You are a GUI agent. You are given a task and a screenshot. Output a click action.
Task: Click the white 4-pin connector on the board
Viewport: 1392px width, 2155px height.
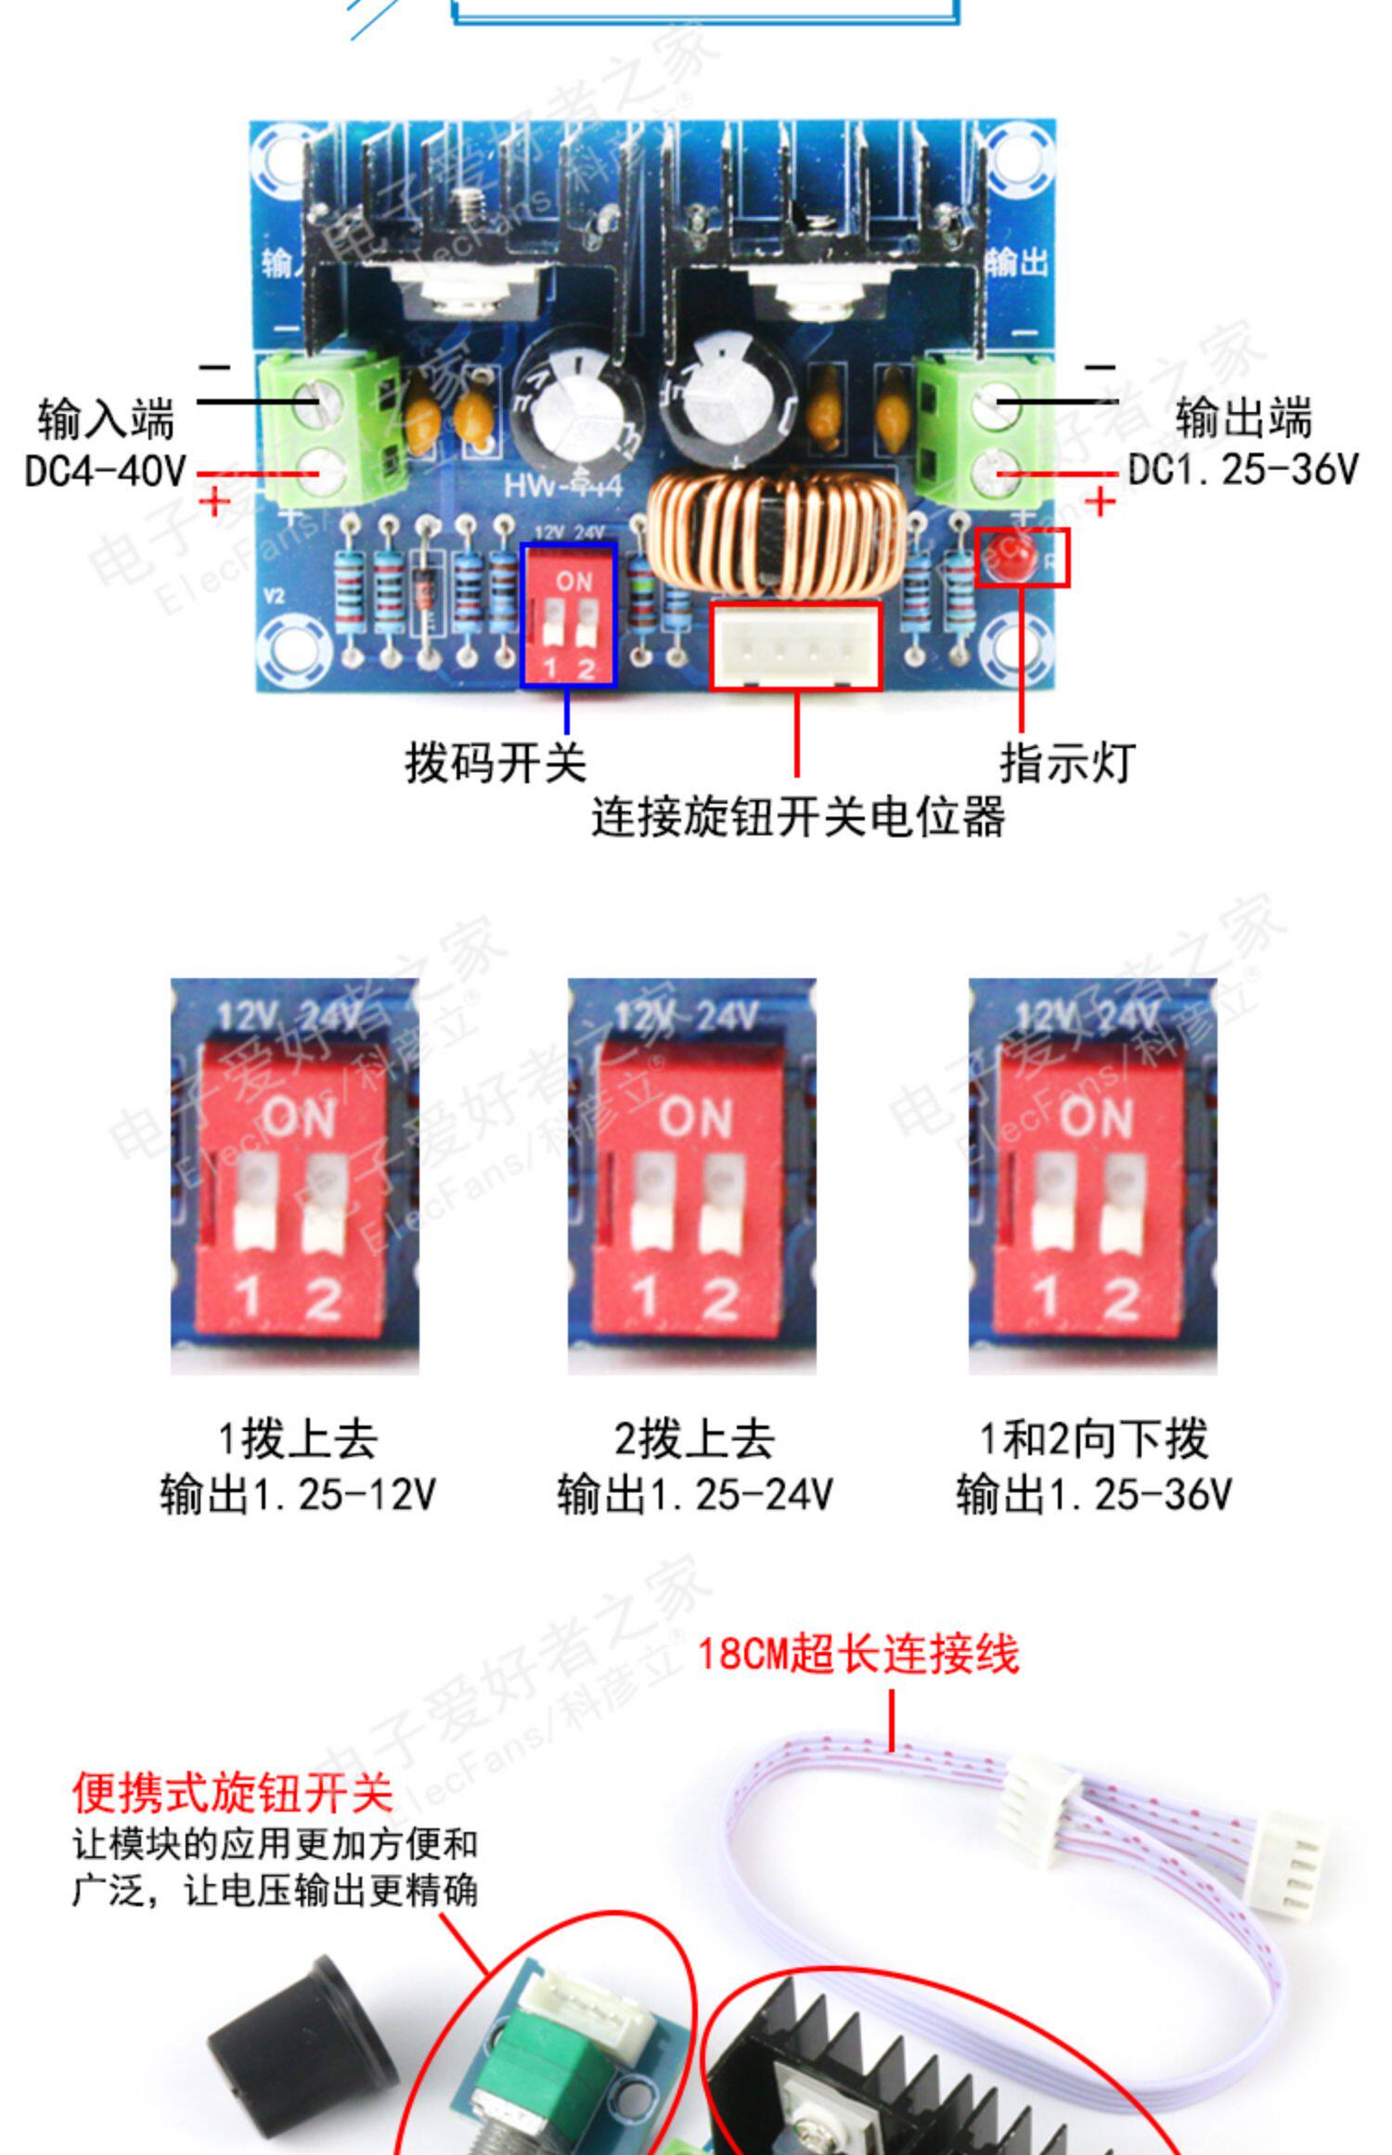point(795,647)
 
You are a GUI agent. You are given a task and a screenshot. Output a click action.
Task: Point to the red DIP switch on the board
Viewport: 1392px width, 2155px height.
point(569,615)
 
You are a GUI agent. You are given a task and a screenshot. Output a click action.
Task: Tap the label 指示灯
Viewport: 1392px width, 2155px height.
point(1067,763)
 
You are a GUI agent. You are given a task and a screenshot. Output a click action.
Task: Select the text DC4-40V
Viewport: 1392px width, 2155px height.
point(106,471)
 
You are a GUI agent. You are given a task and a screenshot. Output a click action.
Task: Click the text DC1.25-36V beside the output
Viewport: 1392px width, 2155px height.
point(1243,470)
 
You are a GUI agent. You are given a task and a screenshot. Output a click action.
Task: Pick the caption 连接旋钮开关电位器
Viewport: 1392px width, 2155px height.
point(798,817)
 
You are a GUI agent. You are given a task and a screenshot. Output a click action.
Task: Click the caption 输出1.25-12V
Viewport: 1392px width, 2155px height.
point(298,1494)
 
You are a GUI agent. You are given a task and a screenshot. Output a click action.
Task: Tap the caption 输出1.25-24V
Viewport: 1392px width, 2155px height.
point(694,1494)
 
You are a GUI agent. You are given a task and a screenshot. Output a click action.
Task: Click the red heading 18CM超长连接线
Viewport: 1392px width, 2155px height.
point(858,1655)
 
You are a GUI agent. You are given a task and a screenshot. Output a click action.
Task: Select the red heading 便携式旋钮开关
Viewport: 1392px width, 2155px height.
point(233,1793)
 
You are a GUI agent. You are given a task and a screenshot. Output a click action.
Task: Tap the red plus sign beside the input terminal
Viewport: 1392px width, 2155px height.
point(214,502)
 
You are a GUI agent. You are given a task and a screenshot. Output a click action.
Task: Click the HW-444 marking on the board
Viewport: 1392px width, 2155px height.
point(562,484)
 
